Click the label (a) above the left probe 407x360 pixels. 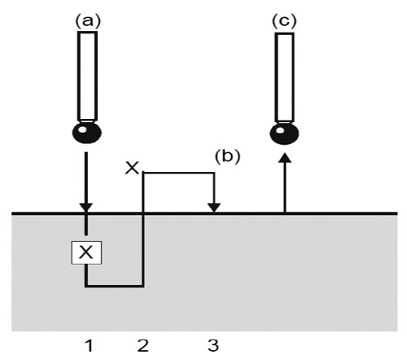[x=88, y=21]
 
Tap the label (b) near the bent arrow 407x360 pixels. [x=227, y=156]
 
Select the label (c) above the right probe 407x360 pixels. [x=284, y=21]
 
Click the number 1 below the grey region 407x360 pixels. [x=90, y=345]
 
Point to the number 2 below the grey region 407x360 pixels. [x=143, y=345]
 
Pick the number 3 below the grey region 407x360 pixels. [x=213, y=345]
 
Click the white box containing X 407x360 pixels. [x=86, y=252]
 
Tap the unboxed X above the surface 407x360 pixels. [x=132, y=168]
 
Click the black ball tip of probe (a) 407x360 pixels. [x=87, y=133]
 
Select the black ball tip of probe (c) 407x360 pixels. [x=284, y=134]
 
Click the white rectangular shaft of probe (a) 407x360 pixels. [x=87, y=76]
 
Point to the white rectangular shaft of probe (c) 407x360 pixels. [x=284, y=77]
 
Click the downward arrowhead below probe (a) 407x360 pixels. [x=86, y=208]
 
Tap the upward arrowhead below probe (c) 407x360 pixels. [x=285, y=158]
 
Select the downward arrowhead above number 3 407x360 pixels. [x=214, y=208]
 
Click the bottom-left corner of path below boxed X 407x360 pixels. [x=86, y=286]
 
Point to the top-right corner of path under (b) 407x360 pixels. [x=214, y=173]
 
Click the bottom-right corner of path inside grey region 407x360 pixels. [x=142, y=286]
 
